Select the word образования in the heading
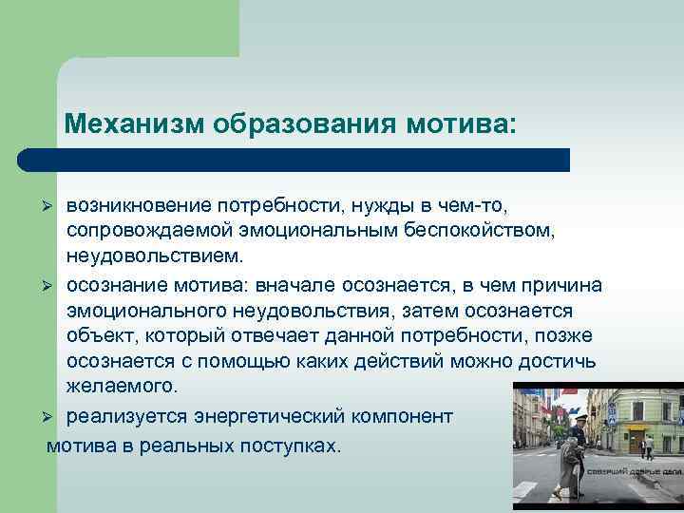coord(308,124)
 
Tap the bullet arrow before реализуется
coord(53,418)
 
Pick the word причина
coord(562,285)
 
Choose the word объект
coord(99,337)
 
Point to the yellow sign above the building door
coord(638,427)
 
